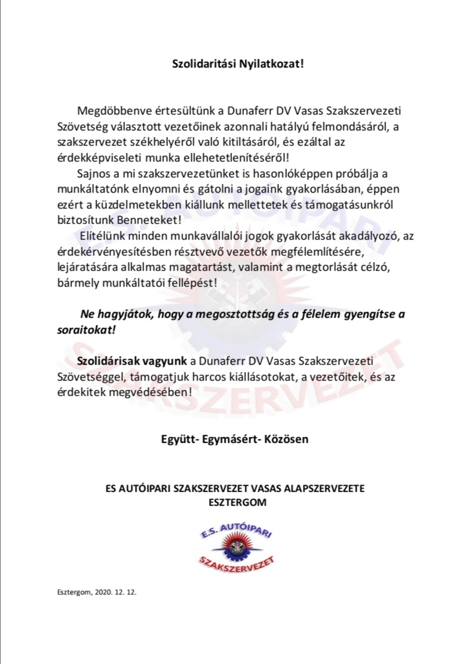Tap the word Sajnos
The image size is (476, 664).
click(x=95, y=174)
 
